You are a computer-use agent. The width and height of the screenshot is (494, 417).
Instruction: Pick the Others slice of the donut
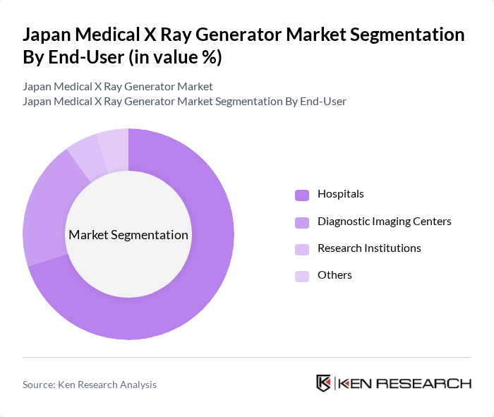(x=113, y=145)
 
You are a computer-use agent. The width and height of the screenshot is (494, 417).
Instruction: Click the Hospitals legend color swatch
(x=302, y=195)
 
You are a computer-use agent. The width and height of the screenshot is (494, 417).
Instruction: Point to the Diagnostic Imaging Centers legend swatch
(x=302, y=222)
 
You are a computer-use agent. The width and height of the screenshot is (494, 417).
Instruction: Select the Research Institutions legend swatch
(x=302, y=249)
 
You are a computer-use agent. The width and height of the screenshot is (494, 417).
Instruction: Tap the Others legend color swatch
(x=302, y=276)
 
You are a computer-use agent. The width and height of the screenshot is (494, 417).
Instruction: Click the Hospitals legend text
(x=341, y=194)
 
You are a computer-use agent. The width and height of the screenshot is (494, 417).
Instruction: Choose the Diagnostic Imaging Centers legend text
(x=384, y=222)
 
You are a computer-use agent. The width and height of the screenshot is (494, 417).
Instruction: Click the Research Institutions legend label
(x=369, y=248)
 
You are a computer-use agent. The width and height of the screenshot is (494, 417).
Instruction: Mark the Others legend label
(x=335, y=275)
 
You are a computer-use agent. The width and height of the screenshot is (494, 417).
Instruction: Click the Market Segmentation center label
(x=128, y=235)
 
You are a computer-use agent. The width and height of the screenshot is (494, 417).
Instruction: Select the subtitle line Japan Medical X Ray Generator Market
(x=118, y=87)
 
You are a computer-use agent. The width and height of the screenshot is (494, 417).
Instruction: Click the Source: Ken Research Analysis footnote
(x=90, y=385)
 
